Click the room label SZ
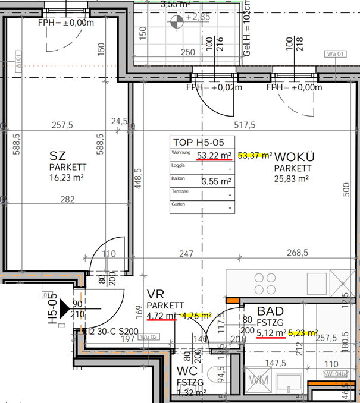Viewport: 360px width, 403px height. (57, 155)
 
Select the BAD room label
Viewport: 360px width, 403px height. (270, 311)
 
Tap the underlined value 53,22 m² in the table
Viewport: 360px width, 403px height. (214, 156)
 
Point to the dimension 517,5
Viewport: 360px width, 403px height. (245, 125)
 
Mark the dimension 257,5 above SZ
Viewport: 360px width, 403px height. (62, 125)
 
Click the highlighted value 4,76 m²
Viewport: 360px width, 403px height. (197, 316)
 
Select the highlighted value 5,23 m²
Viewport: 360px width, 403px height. (303, 333)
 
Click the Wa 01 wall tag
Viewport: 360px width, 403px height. (335, 54)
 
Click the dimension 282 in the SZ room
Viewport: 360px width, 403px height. (67, 199)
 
